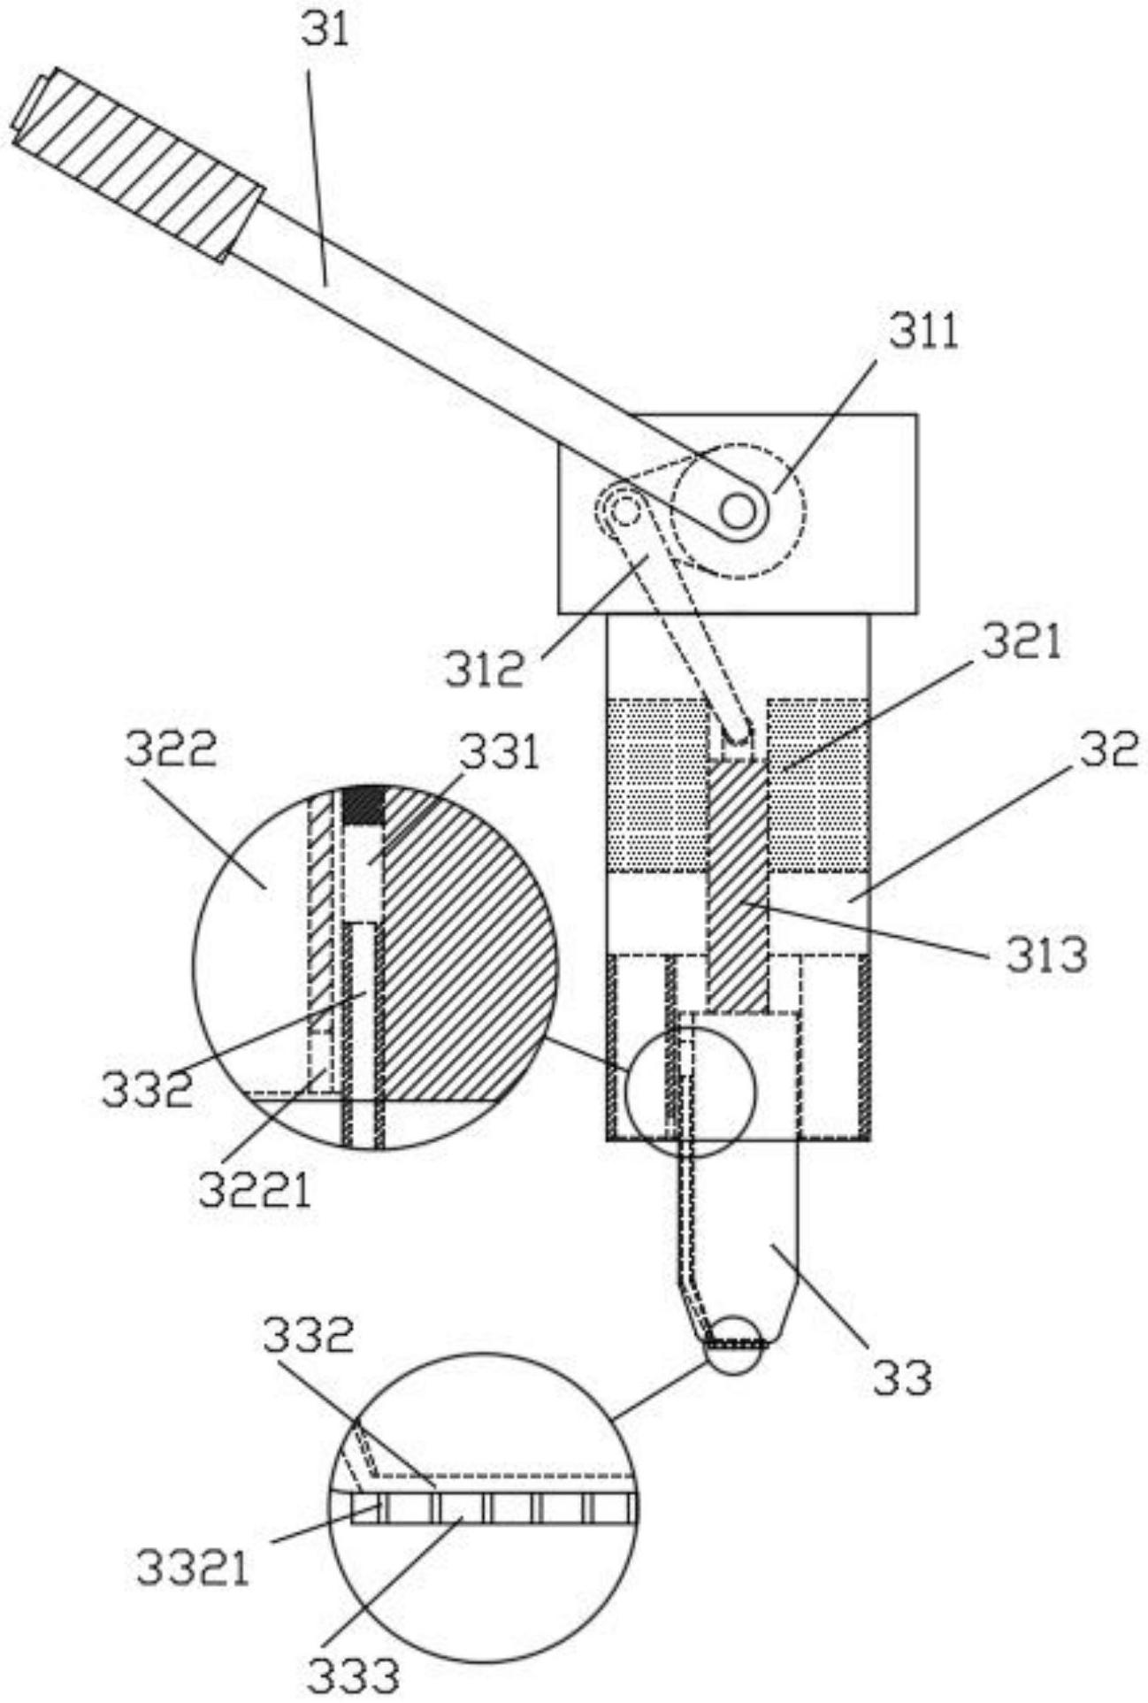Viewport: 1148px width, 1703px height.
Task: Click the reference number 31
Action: [x=325, y=32]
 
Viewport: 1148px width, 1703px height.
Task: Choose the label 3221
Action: [x=255, y=1191]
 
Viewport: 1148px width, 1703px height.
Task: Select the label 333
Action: [x=353, y=1675]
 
